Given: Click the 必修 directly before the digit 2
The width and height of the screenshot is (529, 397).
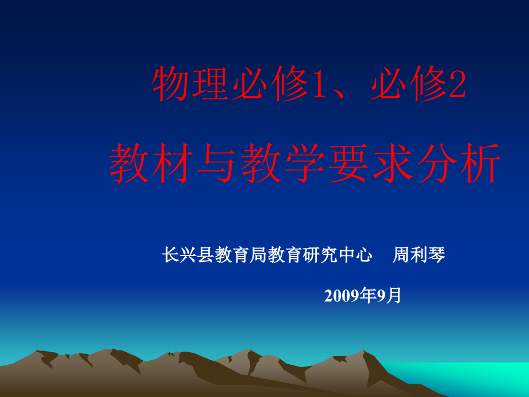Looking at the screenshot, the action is point(409,83).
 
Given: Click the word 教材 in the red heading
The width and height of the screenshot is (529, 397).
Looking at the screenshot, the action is point(151,163).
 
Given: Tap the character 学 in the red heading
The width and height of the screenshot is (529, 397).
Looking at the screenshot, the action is point(305,163).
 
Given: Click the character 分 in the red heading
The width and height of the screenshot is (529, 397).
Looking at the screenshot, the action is point(437,163).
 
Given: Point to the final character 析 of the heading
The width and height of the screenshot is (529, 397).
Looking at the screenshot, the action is point(481,163).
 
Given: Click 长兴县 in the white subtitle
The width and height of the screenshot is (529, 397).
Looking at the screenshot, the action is point(188,254).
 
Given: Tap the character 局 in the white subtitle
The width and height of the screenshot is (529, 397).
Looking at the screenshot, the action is point(258,254).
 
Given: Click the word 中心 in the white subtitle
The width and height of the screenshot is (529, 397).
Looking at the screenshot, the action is point(355,254).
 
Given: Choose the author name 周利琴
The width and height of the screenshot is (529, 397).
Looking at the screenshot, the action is point(419,254).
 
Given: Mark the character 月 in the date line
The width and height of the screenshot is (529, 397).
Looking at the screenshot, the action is point(393,295).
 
